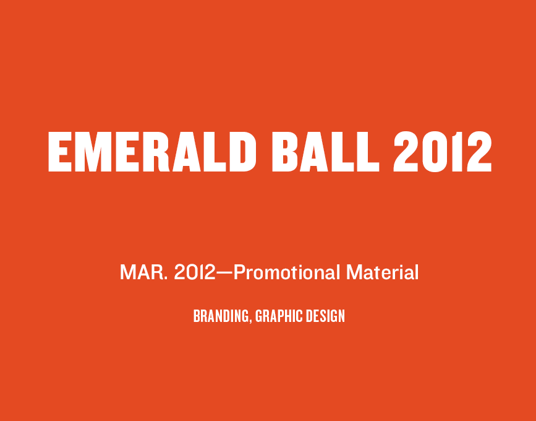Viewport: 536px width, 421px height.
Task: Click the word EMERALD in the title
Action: [x=152, y=151]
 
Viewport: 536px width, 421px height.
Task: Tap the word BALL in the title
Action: [x=325, y=151]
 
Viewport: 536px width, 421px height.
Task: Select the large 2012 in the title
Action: [x=443, y=151]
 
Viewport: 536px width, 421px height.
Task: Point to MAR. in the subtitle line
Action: [x=143, y=272]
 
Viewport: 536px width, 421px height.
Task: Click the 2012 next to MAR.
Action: [x=195, y=272]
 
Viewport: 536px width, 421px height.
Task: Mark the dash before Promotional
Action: [x=224, y=273]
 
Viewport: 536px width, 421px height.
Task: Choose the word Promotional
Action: [x=286, y=273]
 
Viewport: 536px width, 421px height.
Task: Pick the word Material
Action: [x=383, y=272]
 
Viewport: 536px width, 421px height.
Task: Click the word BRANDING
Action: [x=221, y=316]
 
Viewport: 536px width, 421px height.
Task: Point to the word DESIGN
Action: [x=325, y=316]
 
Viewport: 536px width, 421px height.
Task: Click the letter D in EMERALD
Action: [x=242, y=151]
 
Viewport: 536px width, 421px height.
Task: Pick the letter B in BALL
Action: [x=286, y=151]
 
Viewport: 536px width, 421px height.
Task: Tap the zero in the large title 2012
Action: [x=435, y=151]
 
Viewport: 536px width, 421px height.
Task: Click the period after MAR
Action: [x=166, y=279]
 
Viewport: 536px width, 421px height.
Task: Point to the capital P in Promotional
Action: [x=240, y=272]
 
